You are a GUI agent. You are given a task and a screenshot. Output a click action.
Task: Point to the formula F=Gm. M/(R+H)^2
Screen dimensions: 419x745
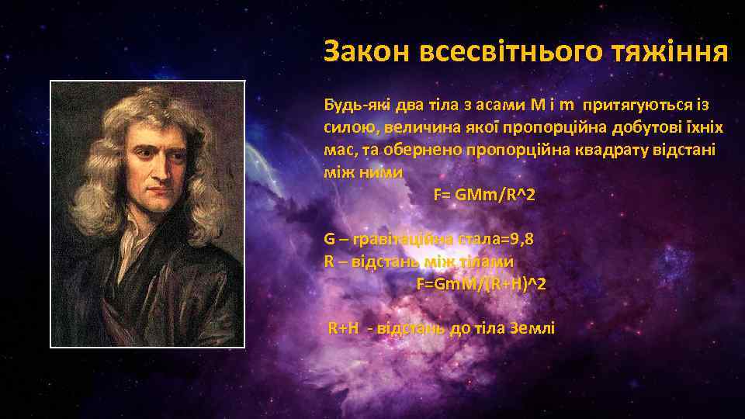tap(481, 283)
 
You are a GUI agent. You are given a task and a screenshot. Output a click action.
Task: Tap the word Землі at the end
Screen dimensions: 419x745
tap(533, 328)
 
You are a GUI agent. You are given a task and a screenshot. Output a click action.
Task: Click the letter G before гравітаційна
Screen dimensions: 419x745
tap(330, 239)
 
